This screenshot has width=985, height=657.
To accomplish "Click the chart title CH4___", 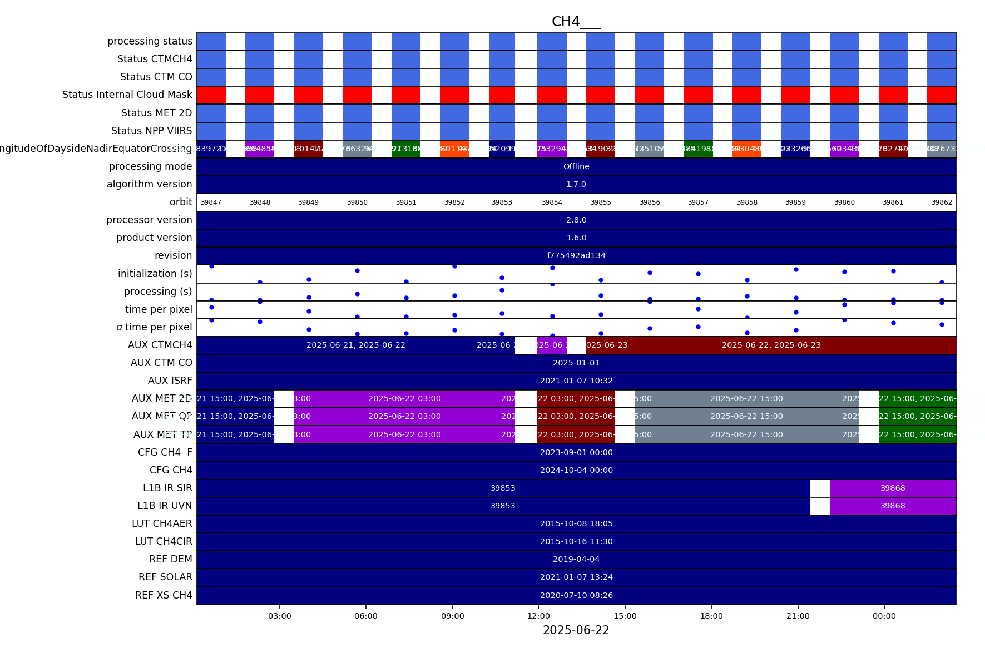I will tap(576, 22).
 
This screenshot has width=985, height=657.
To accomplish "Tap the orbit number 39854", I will tap(552, 202).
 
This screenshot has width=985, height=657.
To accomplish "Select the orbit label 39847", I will tap(211, 202).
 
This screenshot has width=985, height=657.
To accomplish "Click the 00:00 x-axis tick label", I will tap(884, 616).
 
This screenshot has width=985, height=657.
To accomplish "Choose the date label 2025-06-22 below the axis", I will tap(576, 630).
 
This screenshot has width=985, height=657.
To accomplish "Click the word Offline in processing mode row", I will tap(576, 166).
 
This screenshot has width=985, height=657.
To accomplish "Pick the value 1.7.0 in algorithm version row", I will tap(576, 184).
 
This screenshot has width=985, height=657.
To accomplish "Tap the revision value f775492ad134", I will tap(576, 255).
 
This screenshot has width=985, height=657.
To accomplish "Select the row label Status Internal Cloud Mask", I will tap(127, 95).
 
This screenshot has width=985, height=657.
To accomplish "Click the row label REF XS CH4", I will tap(164, 595).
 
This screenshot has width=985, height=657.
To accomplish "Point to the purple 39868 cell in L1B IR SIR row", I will tap(893, 488).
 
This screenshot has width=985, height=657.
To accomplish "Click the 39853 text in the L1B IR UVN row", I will tap(503, 506).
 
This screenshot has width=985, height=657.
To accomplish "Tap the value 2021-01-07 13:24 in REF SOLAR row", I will tap(576, 577).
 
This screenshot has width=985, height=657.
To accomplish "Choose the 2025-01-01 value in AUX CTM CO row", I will tap(576, 363).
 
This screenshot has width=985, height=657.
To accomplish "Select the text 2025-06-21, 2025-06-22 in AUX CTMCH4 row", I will tap(356, 345).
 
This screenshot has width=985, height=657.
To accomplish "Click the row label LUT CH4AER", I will tap(162, 523).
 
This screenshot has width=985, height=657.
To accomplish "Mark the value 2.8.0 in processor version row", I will tap(576, 220).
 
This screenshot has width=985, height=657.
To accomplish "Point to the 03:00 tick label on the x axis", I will tap(280, 616).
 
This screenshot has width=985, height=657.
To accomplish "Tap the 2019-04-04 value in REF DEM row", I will tap(576, 559).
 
